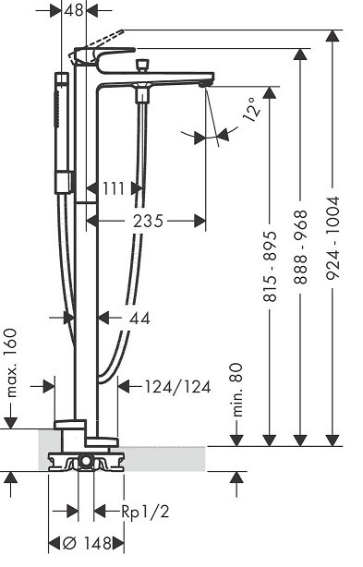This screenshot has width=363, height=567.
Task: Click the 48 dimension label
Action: pos(74,10)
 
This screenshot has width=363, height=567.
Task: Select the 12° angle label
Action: pos(252,108)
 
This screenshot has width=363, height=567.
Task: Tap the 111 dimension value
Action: pos(114,188)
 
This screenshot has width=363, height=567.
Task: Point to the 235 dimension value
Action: pos(148,221)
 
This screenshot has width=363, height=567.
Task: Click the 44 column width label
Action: pos(139,319)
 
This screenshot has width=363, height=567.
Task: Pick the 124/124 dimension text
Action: pos(178,387)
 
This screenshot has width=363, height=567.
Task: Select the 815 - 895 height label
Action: pos(270,267)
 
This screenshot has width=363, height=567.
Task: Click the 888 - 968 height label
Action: pos(300,247)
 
